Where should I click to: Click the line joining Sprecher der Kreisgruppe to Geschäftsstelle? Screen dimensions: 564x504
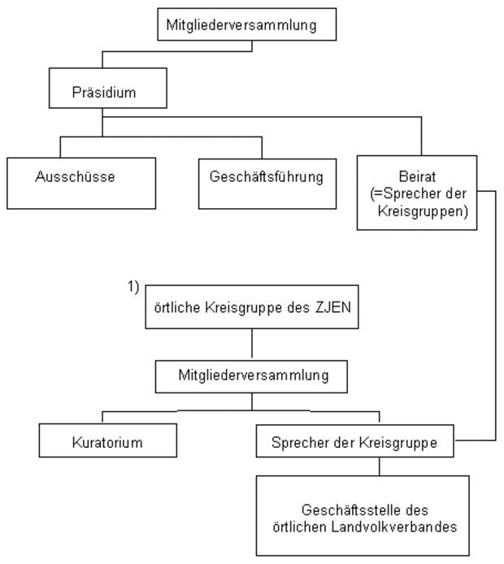pyautogui.click(x=379, y=467)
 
